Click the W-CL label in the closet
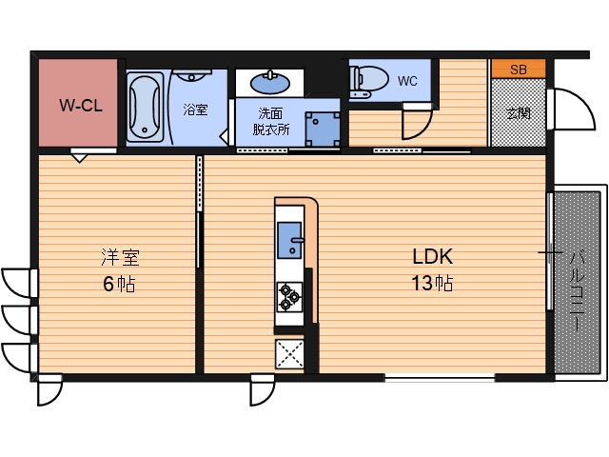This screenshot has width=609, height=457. pos(81,106)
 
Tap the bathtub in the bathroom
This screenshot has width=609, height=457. pos(146,107)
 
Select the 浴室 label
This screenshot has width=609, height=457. pos(195,109)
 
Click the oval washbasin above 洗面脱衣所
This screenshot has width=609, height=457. pos(270,83)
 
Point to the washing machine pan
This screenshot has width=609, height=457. pos(323,129)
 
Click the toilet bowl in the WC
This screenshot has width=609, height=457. pos(369,80)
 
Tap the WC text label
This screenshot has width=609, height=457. pos(407,81)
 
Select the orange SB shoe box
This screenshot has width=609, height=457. pos(519,70)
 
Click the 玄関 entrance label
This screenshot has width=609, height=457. pos(519,113)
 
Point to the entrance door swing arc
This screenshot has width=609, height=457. pos(583,102)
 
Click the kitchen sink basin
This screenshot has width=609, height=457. pos(289,240)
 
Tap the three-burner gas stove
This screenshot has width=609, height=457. pos(289,297)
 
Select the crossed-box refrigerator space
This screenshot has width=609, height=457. pos(289,354)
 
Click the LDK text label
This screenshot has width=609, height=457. pos(433,256)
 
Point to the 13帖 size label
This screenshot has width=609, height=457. pos(432,283)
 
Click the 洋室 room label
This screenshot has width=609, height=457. pos(120,257)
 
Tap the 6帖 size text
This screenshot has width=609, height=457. pos(119,284)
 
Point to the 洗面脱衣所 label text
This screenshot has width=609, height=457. pos(270,122)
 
